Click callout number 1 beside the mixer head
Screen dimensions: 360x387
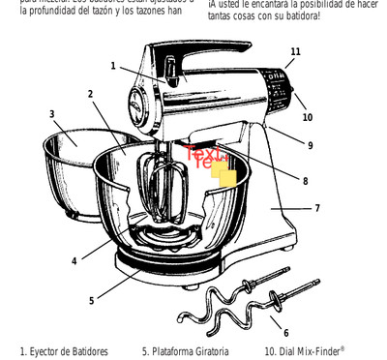point(112,66)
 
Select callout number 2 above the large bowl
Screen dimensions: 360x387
point(90,94)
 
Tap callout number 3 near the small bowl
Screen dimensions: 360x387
point(51,113)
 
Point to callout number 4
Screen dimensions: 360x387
point(74,260)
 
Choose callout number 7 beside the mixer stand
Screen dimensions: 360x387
point(316,208)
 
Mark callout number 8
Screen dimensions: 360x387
point(305,180)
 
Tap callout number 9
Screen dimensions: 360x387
point(310,145)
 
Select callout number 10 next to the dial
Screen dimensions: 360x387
point(307,117)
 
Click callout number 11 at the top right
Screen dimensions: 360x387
point(295,51)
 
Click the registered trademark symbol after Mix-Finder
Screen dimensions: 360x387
point(342,348)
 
